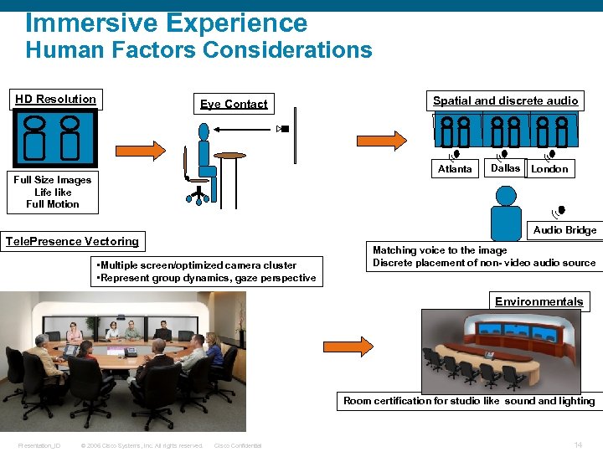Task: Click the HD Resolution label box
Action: click(x=56, y=100)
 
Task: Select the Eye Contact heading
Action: click(x=234, y=104)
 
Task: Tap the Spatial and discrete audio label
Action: click(x=505, y=100)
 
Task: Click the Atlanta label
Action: click(x=455, y=169)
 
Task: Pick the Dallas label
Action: click(x=505, y=168)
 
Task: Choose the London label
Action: click(x=549, y=169)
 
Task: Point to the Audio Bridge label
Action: click(x=564, y=230)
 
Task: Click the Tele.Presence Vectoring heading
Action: click(x=73, y=241)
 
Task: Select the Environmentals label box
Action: click(x=539, y=301)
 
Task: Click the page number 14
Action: click(x=578, y=444)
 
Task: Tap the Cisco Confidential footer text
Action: click(x=238, y=445)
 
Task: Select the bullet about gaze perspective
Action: click(x=207, y=278)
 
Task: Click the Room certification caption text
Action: click(x=469, y=401)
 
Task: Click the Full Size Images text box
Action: click(x=52, y=192)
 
